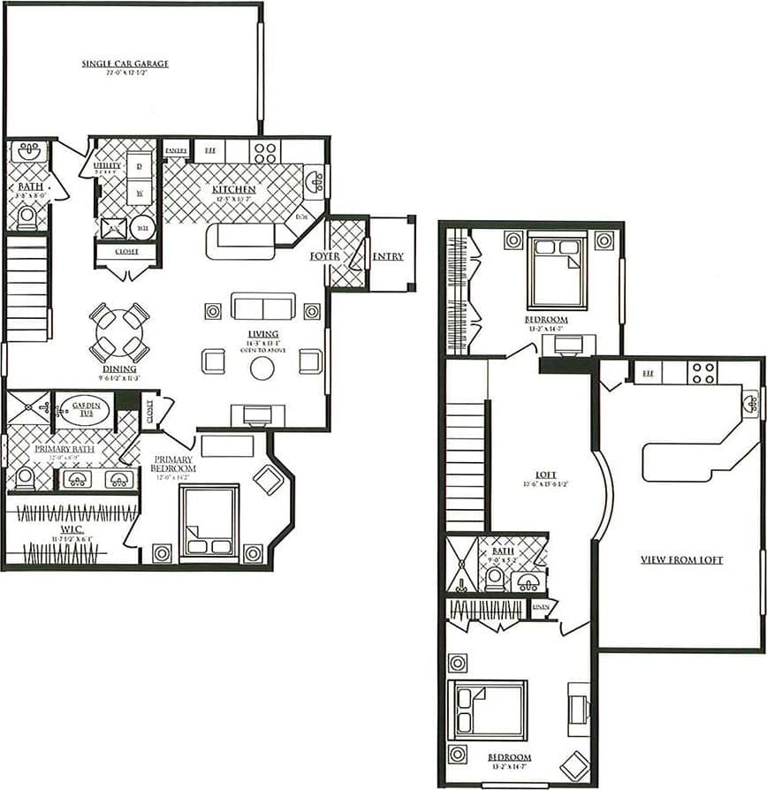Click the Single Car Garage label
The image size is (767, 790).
click(125, 64)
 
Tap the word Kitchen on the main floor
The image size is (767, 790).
click(234, 190)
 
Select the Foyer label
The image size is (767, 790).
click(325, 256)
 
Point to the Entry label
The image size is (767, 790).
click(388, 256)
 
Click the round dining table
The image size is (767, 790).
click(118, 332)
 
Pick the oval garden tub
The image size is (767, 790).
click(85, 411)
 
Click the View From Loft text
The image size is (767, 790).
click(681, 560)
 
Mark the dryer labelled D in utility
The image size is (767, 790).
click(140, 164)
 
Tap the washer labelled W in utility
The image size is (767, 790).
click(140, 192)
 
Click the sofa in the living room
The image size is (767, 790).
click(262, 306)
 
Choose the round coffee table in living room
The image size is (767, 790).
click(262, 368)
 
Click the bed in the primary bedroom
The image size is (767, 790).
click(209, 522)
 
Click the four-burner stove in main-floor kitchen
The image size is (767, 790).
click(265, 152)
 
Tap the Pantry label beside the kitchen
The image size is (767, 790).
click(176, 150)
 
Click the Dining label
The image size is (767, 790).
click(119, 368)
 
